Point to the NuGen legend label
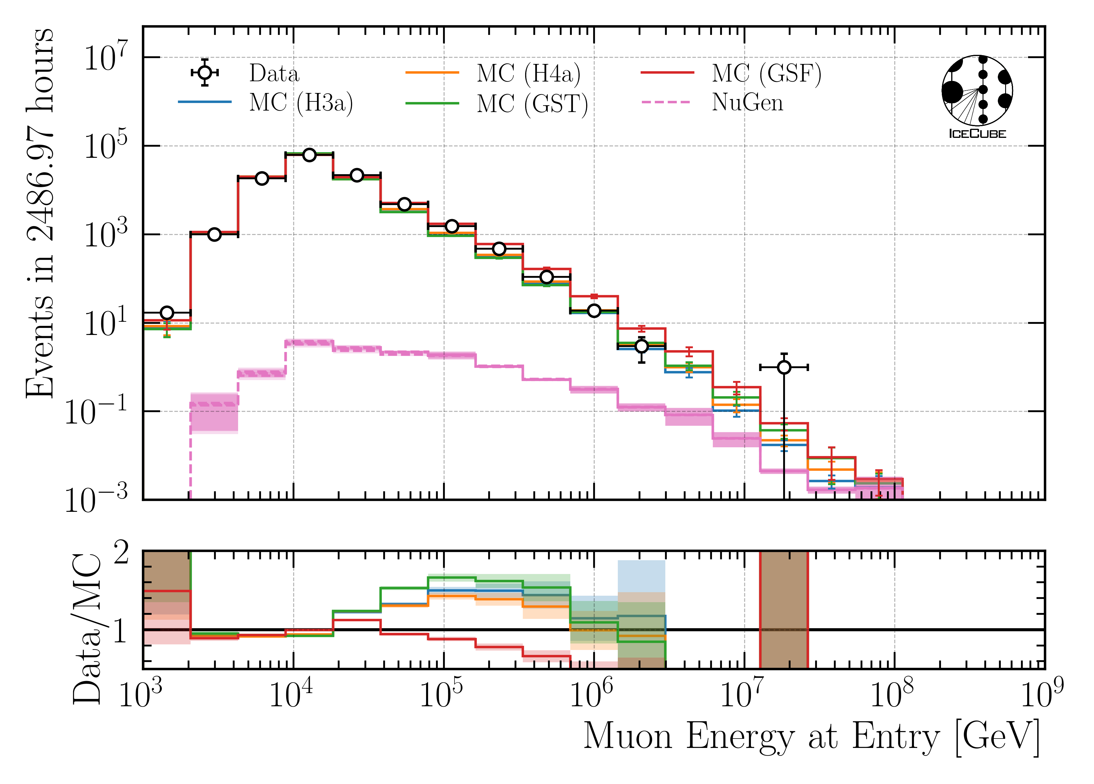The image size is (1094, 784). tap(747, 103)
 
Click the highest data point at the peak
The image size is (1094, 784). tap(309, 155)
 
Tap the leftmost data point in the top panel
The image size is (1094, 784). tap(167, 313)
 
